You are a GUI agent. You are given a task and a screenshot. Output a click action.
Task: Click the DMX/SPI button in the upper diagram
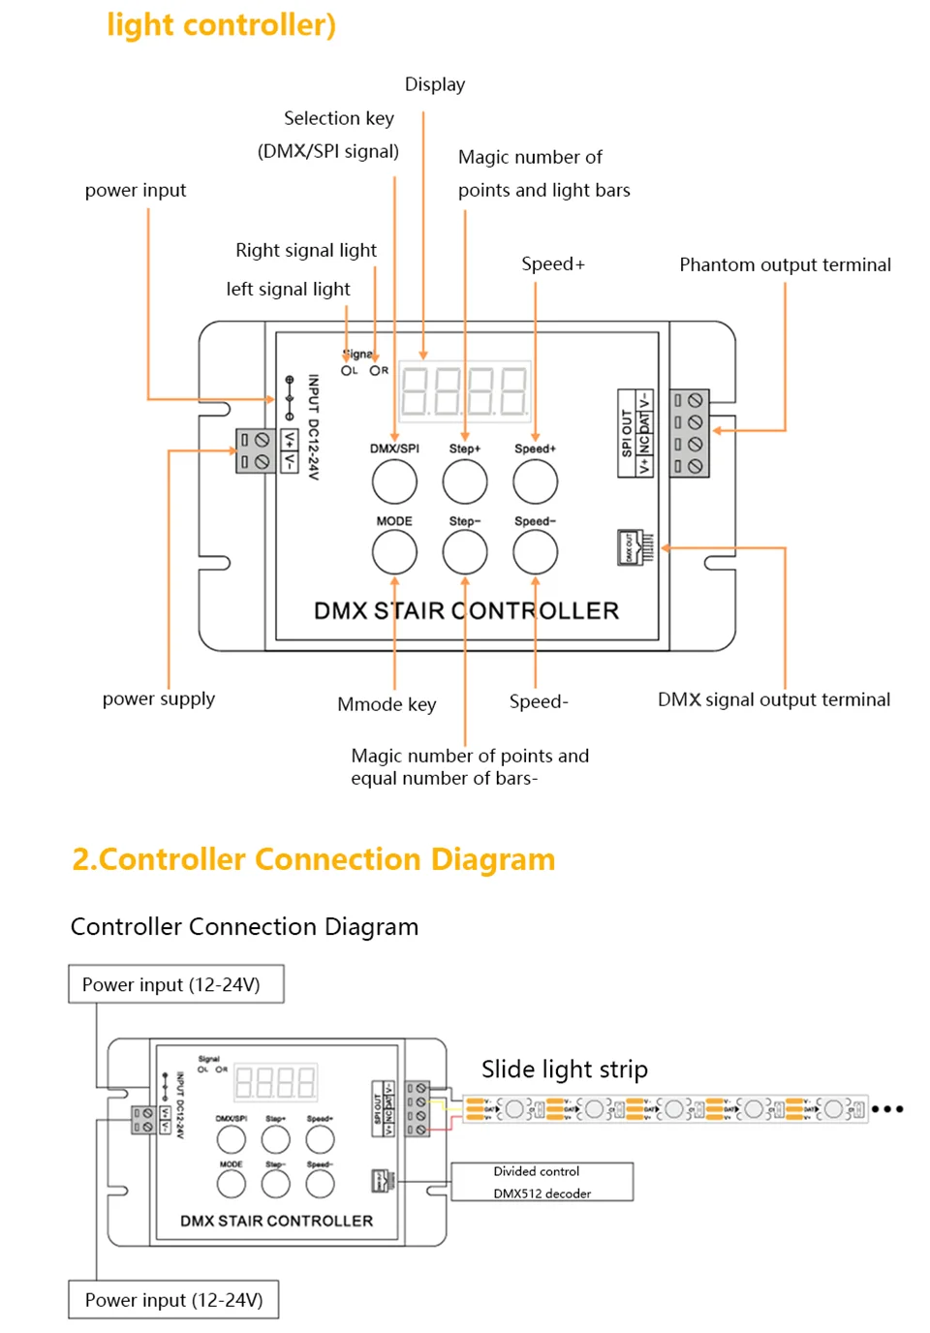(394, 481)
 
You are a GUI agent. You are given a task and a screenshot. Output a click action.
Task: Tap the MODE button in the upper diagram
(394, 552)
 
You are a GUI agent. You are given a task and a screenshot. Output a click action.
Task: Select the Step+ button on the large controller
(465, 481)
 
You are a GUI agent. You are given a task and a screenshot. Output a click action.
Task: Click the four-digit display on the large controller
(465, 391)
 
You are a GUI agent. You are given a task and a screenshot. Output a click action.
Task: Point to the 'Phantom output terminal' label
(785, 264)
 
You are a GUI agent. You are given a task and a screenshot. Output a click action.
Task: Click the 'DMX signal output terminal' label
(773, 699)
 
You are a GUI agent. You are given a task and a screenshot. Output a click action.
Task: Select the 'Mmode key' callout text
(387, 704)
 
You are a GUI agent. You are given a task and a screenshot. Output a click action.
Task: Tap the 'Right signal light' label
(306, 250)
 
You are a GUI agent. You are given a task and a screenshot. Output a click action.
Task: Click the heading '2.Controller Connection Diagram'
(314, 859)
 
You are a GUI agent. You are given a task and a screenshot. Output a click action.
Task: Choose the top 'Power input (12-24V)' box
(175, 984)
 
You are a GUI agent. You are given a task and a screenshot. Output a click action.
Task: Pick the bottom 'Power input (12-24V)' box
(173, 1300)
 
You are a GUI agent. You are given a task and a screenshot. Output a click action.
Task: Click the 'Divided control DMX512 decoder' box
(542, 1182)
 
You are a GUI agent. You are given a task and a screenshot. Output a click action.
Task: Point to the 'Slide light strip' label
(565, 1069)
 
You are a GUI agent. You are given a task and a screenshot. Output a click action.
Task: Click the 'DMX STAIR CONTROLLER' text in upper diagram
(466, 611)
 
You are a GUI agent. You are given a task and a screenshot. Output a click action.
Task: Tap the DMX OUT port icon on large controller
(635, 547)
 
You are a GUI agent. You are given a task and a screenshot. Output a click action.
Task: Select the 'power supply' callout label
(159, 698)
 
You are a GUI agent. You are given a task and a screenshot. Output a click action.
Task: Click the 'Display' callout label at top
(435, 84)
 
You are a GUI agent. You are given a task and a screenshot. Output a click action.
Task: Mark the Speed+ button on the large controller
(535, 481)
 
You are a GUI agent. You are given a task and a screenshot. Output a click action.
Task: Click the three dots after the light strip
(887, 1109)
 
